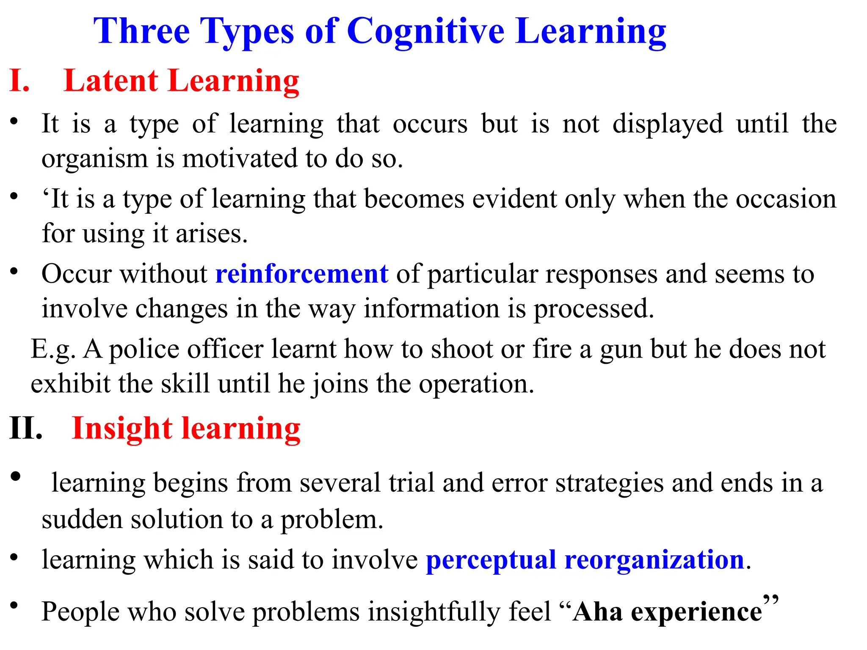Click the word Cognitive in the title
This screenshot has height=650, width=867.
pyautogui.click(x=425, y=32)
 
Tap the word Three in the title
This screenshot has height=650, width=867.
pyautogui.click(x=141, y=31)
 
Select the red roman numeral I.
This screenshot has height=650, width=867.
pyautogui.click(x=19, y=81)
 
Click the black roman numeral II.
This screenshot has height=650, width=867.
pyautogui.click(x=26, y=429)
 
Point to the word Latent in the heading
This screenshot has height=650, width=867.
pyautogui.click(x=111, y=81)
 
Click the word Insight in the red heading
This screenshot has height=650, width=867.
pyautogui.click(x=122, y=429)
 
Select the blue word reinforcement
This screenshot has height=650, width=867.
pyautogui.click(x=302, y=274)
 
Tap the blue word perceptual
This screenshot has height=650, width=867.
pyautogui.click(x=491, y=559)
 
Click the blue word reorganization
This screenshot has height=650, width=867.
pyautogui.click(x=654, y=560)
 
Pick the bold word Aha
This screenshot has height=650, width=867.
pyautogui.click(x=597, y=612)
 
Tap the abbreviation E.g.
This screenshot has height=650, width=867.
pyautogui.click(x=53, y=350)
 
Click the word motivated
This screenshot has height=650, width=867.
pyautogui.click(x=240, y=159)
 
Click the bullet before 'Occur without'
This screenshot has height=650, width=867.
pyautogui.click(x=14, y=271)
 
